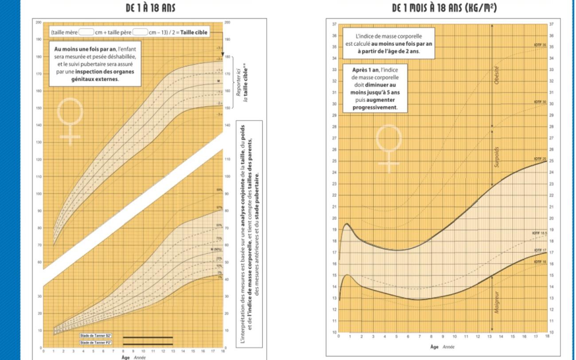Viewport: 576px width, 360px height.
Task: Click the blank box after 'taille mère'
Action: click(86, 32)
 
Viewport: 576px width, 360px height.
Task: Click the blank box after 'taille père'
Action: click(140, 32)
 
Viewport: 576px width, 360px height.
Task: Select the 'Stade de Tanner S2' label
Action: click(92, 337)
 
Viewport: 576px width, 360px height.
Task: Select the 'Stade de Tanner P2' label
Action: click(92, 343)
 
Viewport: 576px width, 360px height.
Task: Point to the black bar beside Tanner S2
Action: click(148, 337)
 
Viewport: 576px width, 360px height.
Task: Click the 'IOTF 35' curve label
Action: click(540, 45)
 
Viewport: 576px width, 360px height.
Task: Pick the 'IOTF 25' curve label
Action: click(540, 159)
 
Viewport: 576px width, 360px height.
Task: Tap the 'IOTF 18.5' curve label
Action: click(539, 232)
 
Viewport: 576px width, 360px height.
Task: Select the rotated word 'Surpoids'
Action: click(497, 157)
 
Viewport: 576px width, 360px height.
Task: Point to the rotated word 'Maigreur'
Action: click(497, 302)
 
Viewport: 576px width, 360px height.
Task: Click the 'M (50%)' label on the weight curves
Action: click(216, 250)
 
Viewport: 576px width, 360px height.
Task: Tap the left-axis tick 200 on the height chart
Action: click(39, 22)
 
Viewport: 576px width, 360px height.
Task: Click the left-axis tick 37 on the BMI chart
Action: click(334, 24)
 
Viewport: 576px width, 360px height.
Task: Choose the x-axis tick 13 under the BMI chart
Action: click(489, 337)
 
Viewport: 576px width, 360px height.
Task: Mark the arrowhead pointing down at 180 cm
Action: click(222, 54)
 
